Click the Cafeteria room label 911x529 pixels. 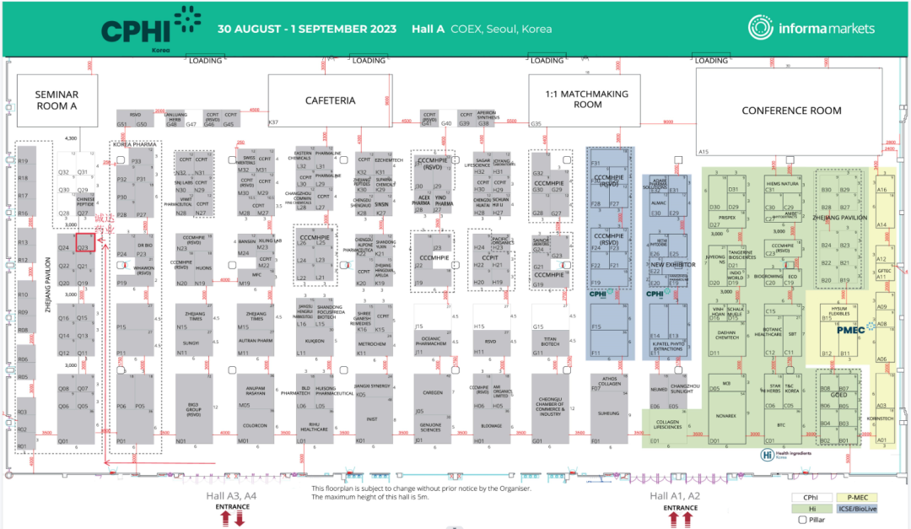[330, 100]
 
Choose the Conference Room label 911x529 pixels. [791, 111]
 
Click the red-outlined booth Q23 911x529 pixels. [84, 243]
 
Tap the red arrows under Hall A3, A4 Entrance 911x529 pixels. [233, 518]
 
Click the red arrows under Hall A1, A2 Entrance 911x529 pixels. [680, 518]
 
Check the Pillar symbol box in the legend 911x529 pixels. [802, 520]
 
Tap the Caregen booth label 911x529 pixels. [434, 392]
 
